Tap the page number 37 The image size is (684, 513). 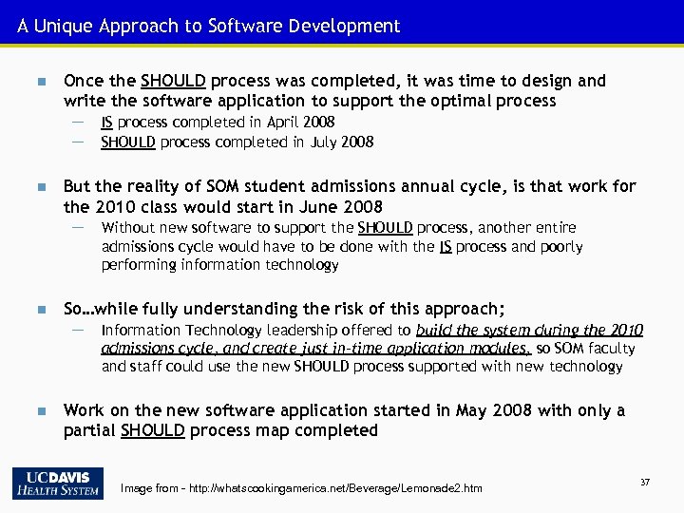[x=645, y=483]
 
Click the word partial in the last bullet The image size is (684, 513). [x=89, y=431]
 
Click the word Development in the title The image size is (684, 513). [x=347, y=26]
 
